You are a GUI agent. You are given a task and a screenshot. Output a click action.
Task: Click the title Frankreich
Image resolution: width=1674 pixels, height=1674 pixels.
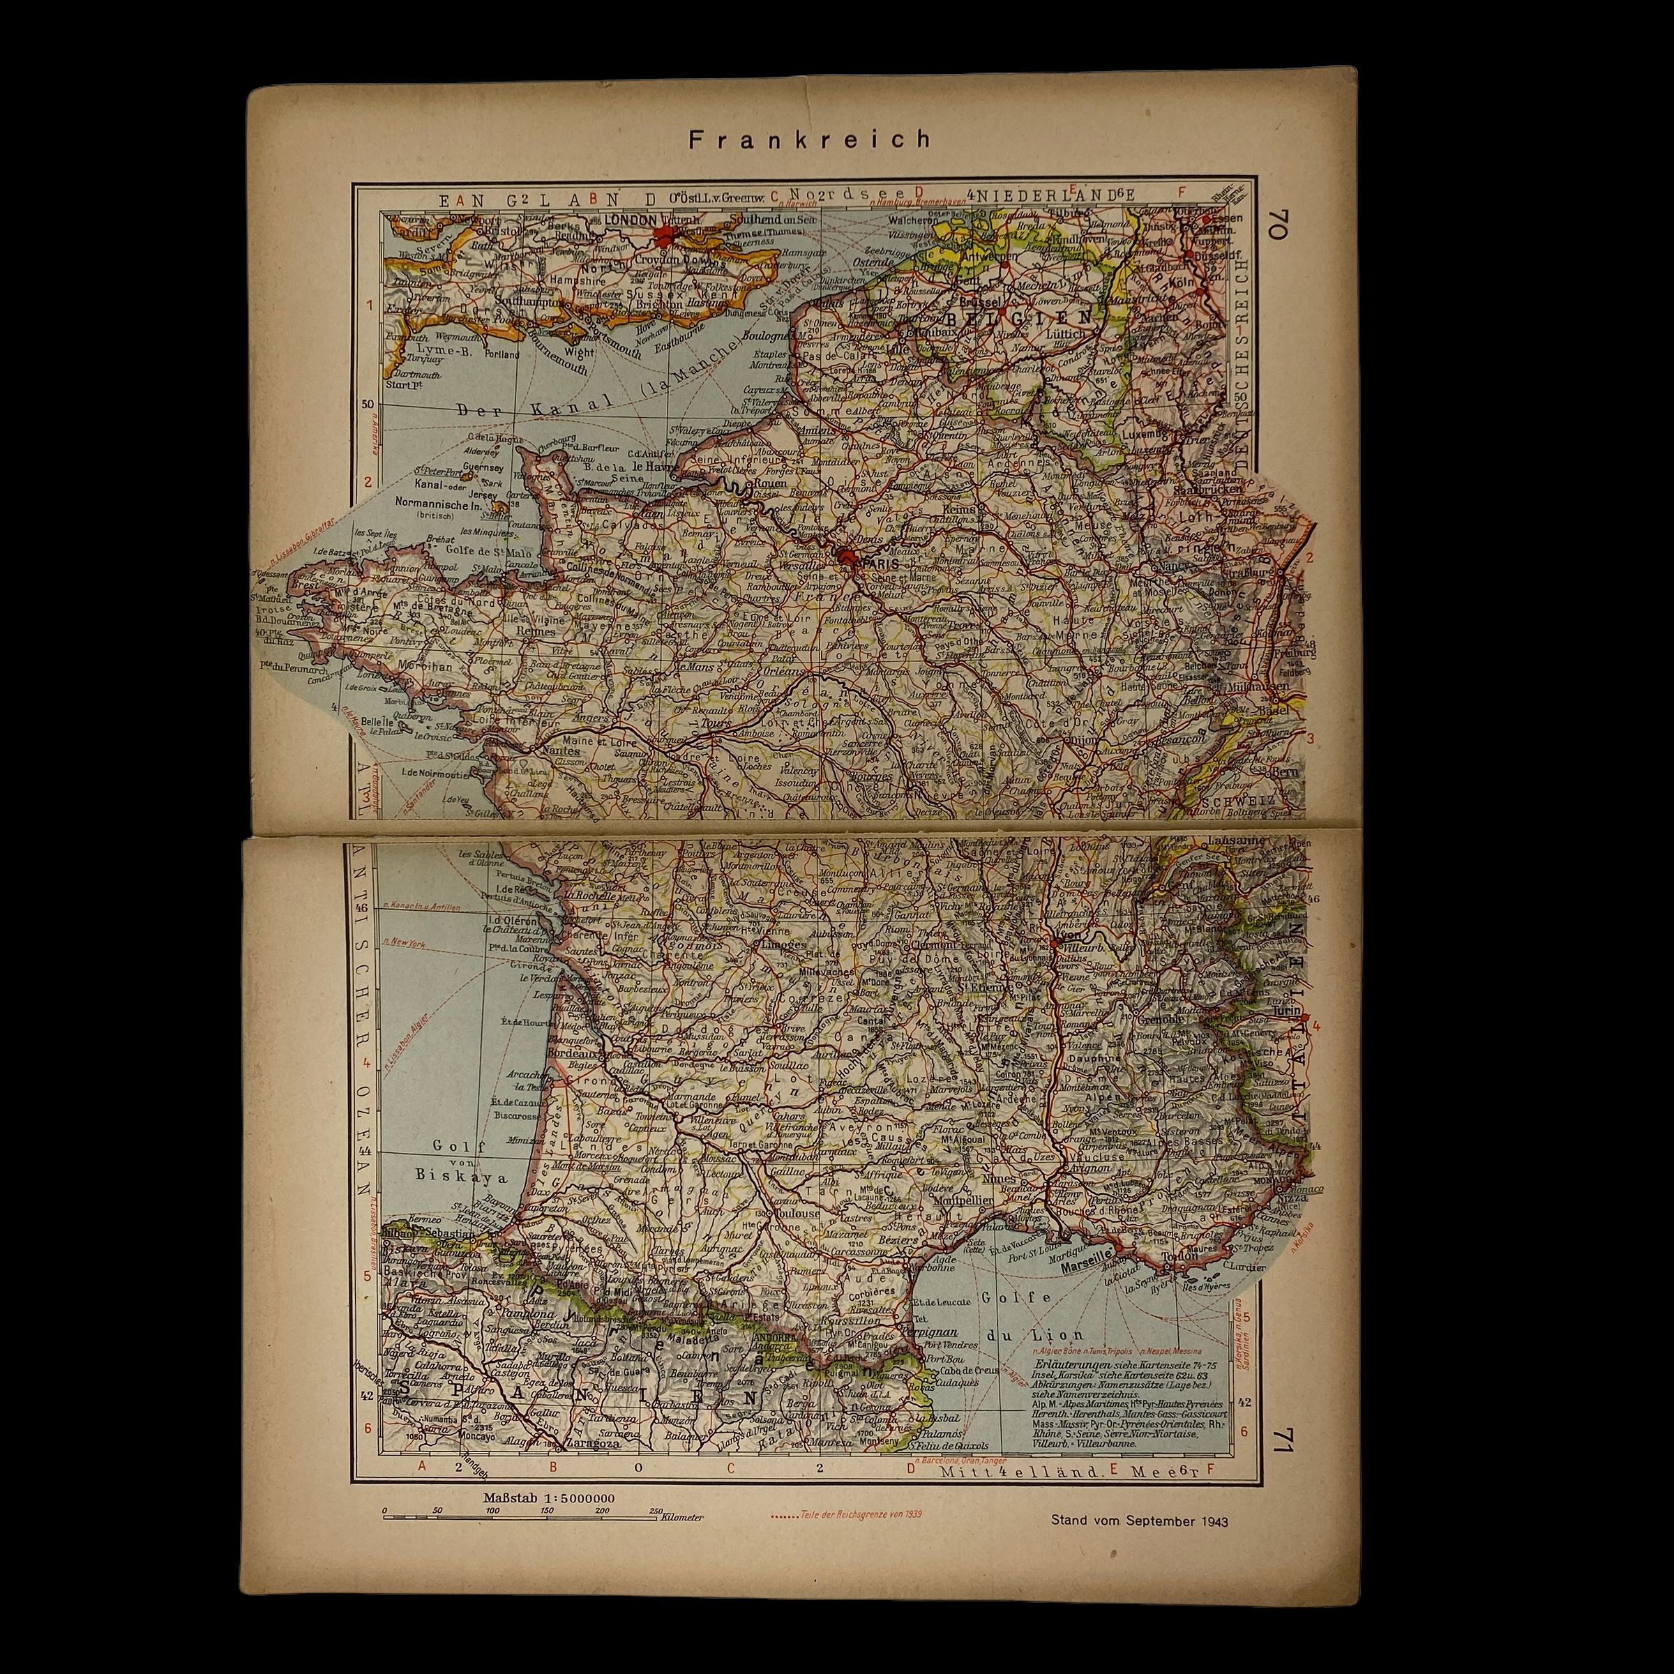coord(810,139)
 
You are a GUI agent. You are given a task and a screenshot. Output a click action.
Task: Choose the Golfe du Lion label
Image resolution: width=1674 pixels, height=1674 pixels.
coord(1033,1315)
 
